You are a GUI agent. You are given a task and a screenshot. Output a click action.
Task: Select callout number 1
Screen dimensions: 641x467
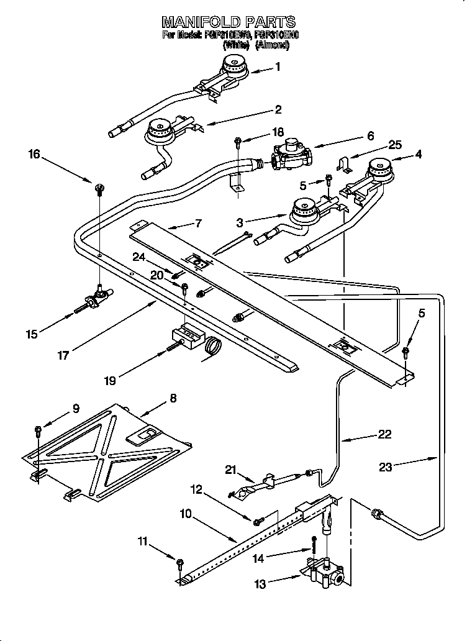(x=278, y=67)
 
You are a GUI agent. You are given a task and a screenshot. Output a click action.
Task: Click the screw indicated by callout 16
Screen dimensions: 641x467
(x=99, y=188)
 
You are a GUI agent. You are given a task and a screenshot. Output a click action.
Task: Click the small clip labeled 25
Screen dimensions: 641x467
(x=343, y=164)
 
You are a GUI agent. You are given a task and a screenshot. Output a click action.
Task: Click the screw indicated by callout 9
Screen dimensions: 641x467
(x=39, y=429)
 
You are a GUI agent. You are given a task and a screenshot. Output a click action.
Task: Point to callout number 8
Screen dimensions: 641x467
(x=173, y=398)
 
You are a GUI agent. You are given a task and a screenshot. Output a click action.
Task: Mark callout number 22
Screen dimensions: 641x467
(x=385, y=434)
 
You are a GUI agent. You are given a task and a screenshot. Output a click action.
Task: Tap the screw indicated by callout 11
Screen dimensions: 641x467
(x=180, y=563)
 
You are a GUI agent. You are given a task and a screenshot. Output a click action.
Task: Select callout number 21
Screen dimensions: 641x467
(x=231, y=471)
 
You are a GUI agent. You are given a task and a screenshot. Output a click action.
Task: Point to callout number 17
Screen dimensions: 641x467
(x=63, y=355)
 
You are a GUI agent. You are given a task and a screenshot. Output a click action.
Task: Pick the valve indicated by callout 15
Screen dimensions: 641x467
(x=97, y=299)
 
